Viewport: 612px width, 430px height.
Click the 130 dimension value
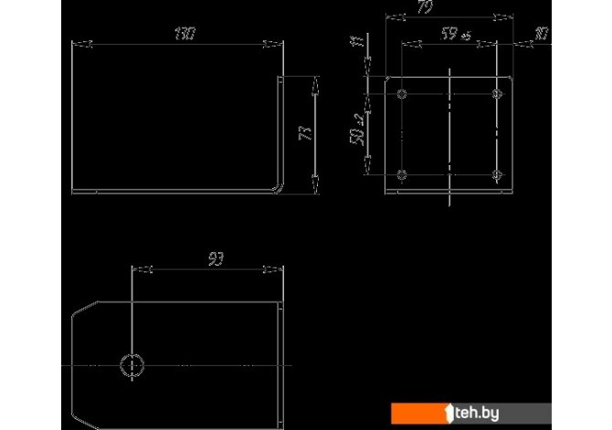[x=185, y=34]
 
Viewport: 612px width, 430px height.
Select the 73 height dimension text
[x=306, y=133]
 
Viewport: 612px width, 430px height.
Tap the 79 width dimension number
[x=448, y=8]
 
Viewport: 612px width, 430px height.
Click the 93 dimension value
[x=216, y=260]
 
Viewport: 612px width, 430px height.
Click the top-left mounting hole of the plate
[x=403, y=93]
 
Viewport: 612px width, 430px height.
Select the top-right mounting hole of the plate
[x=497, y=93]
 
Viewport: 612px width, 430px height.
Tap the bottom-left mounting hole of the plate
[x=403, y=173]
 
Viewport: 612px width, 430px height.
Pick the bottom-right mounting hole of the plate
[x=497, y=173]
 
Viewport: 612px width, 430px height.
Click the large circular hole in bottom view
[x=132, y=364]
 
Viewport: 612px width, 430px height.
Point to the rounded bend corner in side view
[x=276, y=186]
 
